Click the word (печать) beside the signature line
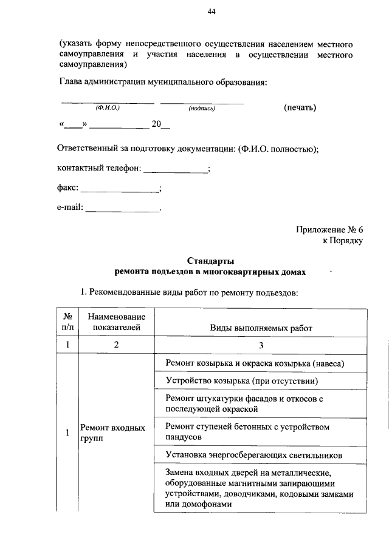point(300,107)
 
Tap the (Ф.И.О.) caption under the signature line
point(108,108)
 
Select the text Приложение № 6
point(329,230)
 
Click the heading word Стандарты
point(211,261)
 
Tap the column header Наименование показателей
point(116,323)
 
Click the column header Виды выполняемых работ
point(261,328)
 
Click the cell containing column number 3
point(261,345)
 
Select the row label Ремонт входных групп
point(112,433)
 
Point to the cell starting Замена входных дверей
point(258,488)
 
